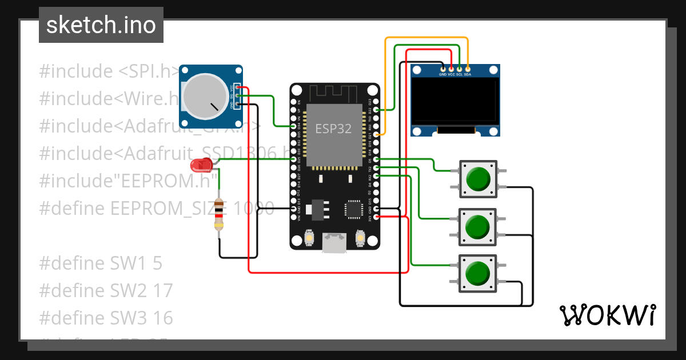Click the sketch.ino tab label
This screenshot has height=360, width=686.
[x=101, y=25]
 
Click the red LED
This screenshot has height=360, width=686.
[x=201, y=166]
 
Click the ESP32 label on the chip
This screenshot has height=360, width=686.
[x=334, y=129]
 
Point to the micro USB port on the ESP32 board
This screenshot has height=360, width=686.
[x=334, y=242]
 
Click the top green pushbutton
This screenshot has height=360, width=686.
[x=478, y=179]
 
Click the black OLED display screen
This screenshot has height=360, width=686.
[x=455, y=99]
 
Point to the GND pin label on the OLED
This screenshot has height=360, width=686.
[x=442, y=74]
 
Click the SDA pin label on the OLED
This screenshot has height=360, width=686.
[x=468, y=74]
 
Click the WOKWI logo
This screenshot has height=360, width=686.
[x=607, y=315]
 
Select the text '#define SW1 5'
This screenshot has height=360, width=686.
[x=101, y=263]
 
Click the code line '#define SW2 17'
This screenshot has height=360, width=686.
[x=106, y=290]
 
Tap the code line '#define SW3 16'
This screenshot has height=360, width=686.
[x=106, y=318]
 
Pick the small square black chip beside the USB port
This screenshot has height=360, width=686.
[x=353, y=209]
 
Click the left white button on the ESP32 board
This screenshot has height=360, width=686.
[x=309, y=237]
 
